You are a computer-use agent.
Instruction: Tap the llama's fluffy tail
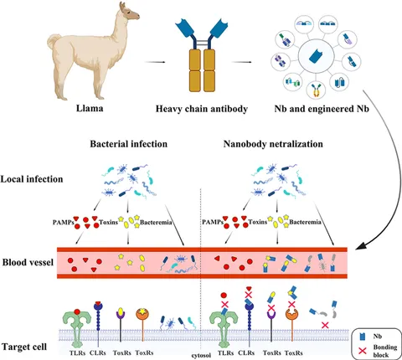coord(54,42)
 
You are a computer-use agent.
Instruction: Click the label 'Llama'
coord(90,108)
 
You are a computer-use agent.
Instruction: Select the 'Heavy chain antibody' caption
coord(202,109)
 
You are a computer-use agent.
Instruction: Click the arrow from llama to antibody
coord(155,62)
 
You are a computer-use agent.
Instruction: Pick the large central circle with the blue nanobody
coord(316,57)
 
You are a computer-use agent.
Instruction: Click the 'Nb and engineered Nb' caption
coord(322,109)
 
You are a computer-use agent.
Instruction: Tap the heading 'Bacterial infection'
coord(129,144)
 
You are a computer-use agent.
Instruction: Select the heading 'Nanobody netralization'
coord(273,144)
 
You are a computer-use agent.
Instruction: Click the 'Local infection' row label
coord(32,179)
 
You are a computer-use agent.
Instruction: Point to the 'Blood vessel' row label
coord(28,262)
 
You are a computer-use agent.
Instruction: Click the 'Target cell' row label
coord(24,347)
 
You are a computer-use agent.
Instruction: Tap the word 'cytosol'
coord(201,355)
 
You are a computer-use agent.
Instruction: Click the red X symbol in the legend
coord(363,351)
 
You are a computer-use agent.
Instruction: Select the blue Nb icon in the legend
coord(363,337)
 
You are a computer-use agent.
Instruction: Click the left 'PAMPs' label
coord(64,223)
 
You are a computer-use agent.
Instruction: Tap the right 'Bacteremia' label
coord(305,223)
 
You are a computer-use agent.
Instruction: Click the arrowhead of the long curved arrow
coord(359,248)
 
